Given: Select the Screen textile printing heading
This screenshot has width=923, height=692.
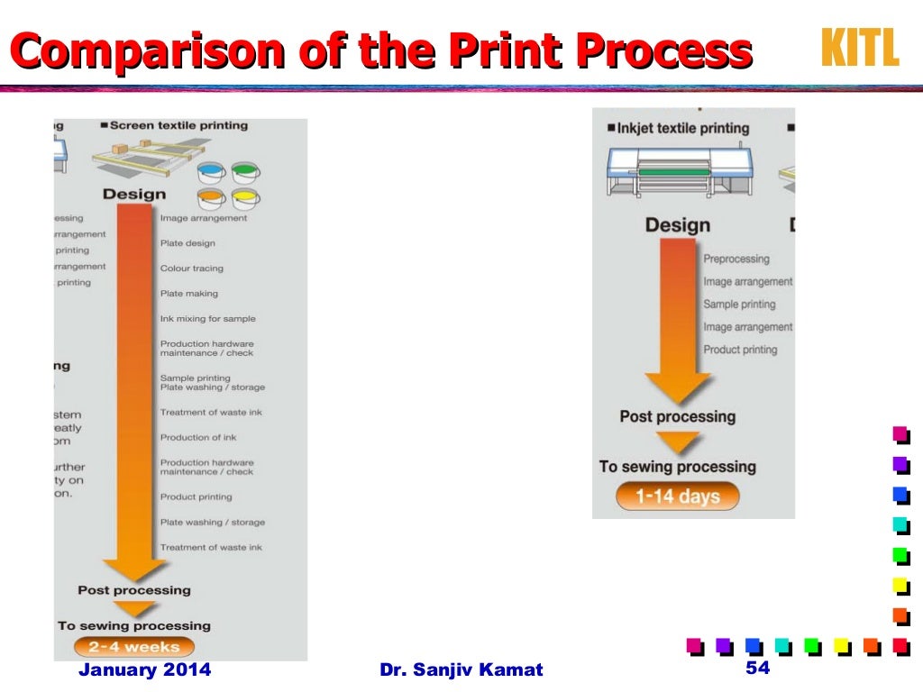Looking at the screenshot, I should point(178,125).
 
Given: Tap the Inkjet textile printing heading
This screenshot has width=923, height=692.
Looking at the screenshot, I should point(683,128).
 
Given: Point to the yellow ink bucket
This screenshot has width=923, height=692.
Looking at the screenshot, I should point(245,197).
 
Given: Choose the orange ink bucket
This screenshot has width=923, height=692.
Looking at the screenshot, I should point(211,197).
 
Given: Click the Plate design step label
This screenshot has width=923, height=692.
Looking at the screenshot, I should point(187,243).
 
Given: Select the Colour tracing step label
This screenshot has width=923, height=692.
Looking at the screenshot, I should point(191,269).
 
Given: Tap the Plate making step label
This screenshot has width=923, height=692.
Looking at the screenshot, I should point(188,294).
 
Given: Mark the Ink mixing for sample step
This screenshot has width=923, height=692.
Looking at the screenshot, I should point(207,319).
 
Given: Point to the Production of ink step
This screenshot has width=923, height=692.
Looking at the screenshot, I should point(198,438).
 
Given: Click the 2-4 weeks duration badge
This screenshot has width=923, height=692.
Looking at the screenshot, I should point(133,647).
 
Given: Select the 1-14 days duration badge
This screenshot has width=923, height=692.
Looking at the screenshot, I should point(677,496).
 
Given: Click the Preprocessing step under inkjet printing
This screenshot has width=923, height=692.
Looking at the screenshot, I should point(736,259).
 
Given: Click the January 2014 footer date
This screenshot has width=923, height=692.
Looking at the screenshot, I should point(144,669).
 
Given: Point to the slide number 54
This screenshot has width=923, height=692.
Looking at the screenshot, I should point(759,668).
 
